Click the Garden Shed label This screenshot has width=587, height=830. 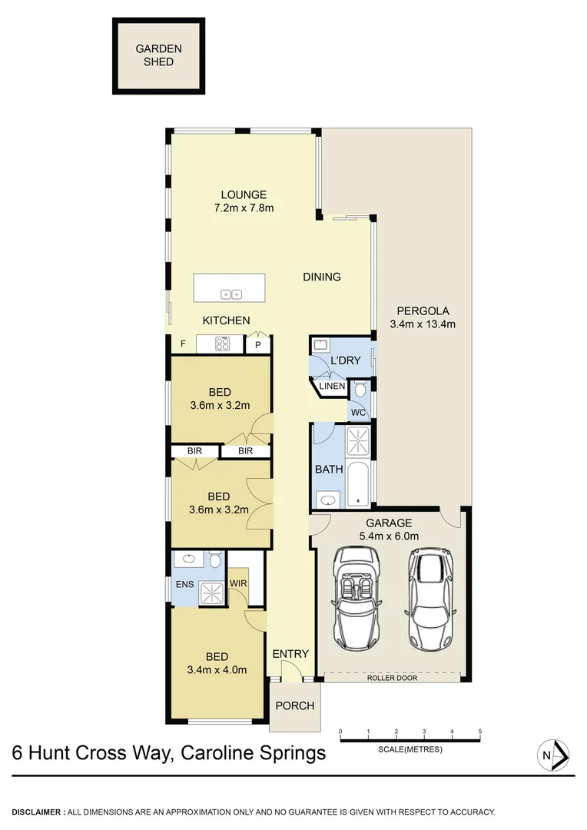coord(159,55)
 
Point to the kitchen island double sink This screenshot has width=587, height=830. coord(231,294)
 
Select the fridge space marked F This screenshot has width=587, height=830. coord(183,344)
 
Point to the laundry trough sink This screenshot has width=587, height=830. coord(321,345)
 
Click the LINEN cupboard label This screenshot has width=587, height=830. coord(332,386)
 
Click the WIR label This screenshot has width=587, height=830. coord(237,583)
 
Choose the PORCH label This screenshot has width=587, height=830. coord(292,705)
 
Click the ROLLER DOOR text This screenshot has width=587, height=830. coord(392,679)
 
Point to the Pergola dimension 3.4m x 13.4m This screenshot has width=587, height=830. coord(423,324)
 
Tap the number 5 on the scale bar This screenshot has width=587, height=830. coord(479,731)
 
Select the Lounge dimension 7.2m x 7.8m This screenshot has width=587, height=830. coord(244,208)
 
